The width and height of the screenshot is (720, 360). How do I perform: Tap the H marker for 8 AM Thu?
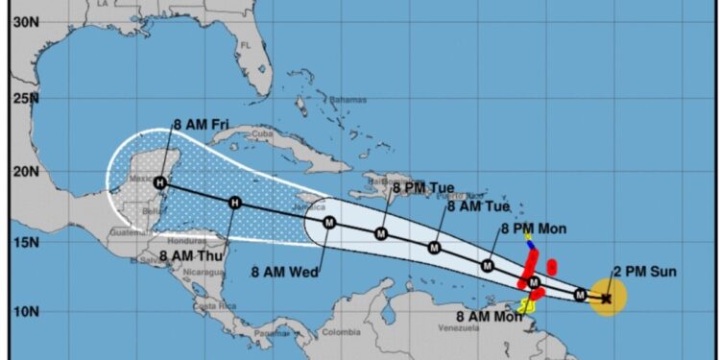point(235,202)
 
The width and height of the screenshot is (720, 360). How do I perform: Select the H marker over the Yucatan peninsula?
point(160,182)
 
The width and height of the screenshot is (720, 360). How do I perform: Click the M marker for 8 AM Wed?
point(329,223)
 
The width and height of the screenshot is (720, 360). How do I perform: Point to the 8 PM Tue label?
point(421,187)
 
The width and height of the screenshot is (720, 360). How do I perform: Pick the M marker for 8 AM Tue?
point(434,248)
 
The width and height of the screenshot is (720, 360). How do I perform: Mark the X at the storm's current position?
point(606,299)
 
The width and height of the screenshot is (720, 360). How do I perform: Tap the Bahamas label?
point(348,99)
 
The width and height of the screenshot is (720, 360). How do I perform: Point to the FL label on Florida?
point(246,44)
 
